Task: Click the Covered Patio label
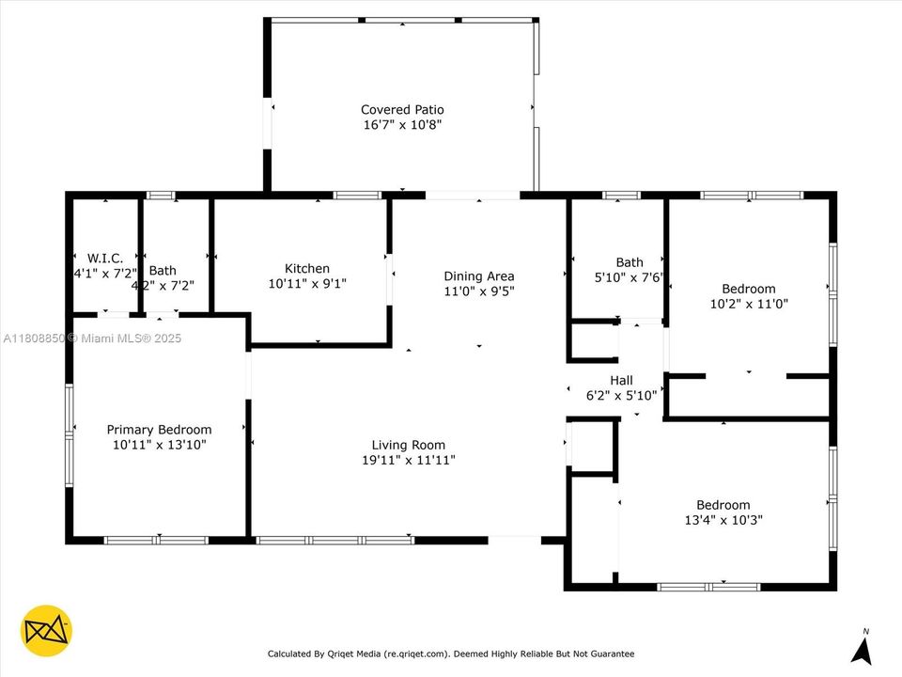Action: (x=402, y=110)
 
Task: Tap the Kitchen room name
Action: (x=307, y=268)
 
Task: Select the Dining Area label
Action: (x=479, y=276)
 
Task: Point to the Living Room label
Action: (x=409, y=445)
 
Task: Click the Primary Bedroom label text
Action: (x=159, y=430)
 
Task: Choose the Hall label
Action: (x=621, y=380)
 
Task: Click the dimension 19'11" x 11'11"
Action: (x=409, y=460)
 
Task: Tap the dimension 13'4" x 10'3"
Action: (x=723, y=519)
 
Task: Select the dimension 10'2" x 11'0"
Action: (x=749, y=304)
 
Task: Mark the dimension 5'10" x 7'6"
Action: (x=630, y=277)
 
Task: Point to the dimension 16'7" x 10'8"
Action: (x=402, y=124)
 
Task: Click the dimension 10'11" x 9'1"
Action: (x=307, y=283)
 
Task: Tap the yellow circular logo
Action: (x=46, y=630)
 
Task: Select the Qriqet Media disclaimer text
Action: (x=451, y=653)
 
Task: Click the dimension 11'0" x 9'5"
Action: (x=479, y=291)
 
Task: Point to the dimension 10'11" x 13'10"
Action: (x=159, y=445)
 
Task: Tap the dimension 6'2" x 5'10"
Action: (x=621, y=395)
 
